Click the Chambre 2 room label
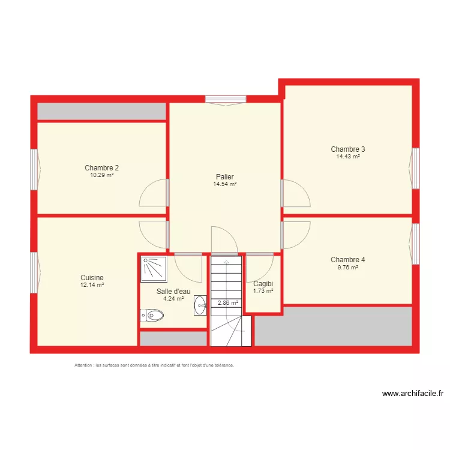click(101, 168)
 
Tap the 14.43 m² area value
click(348, 157)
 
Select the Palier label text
click(225, 177)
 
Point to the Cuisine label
click(92, 278)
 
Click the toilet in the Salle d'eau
click(152, 316)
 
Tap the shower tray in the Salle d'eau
click(154, 269)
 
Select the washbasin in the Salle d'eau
click(200, 305)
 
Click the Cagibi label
click(263, 284)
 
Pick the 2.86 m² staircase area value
click(228, 303)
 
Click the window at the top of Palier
click(226, 99)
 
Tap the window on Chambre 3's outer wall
click(415, 168)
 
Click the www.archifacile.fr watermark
click(413, 394)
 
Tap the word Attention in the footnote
click(83, 365)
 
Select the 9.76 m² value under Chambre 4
click(348, 268)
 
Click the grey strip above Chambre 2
click(102, 112)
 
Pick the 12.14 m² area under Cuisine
click(92, 285)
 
